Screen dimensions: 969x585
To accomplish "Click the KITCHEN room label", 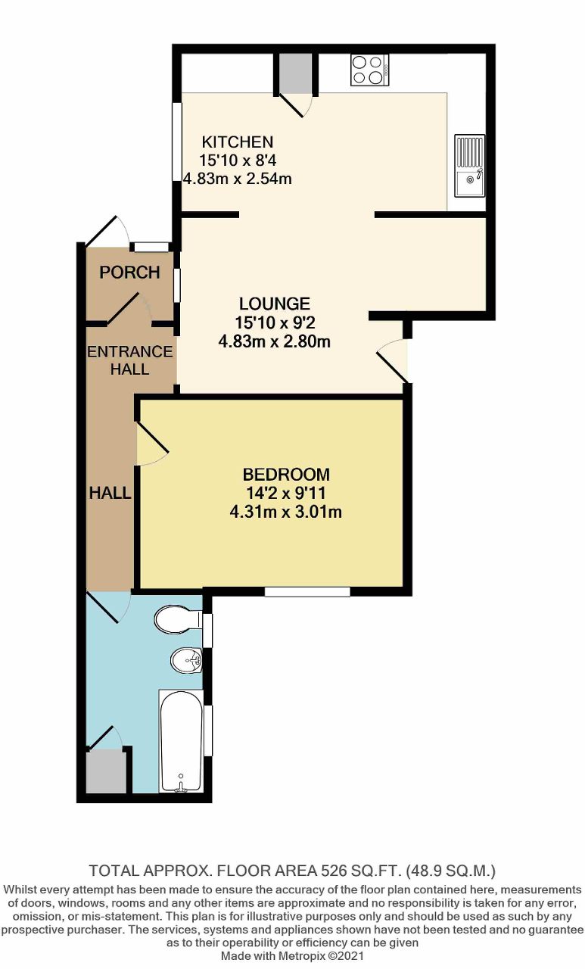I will pos(236,142).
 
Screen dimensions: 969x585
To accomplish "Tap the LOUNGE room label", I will pos(274,304).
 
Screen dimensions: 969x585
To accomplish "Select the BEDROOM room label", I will pos(285,475).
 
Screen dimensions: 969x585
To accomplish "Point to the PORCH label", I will pos(130,273).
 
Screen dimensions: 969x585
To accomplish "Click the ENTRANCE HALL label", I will pos(130,360).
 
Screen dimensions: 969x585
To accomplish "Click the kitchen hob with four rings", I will pos(369,69).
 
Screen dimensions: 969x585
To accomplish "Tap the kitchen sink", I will pos(469,166).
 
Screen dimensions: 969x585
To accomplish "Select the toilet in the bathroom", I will pos(177,621).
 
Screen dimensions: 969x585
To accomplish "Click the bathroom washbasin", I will pos(186,660).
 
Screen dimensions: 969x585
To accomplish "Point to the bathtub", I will pos(180,740).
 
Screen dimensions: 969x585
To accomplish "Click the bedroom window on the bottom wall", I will pos(307,591).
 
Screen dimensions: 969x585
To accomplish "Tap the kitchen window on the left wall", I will pos(176,142).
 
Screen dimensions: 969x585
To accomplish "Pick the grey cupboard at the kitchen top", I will pos(294,73).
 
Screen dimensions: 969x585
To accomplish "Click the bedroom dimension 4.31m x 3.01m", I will pos(285,513).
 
